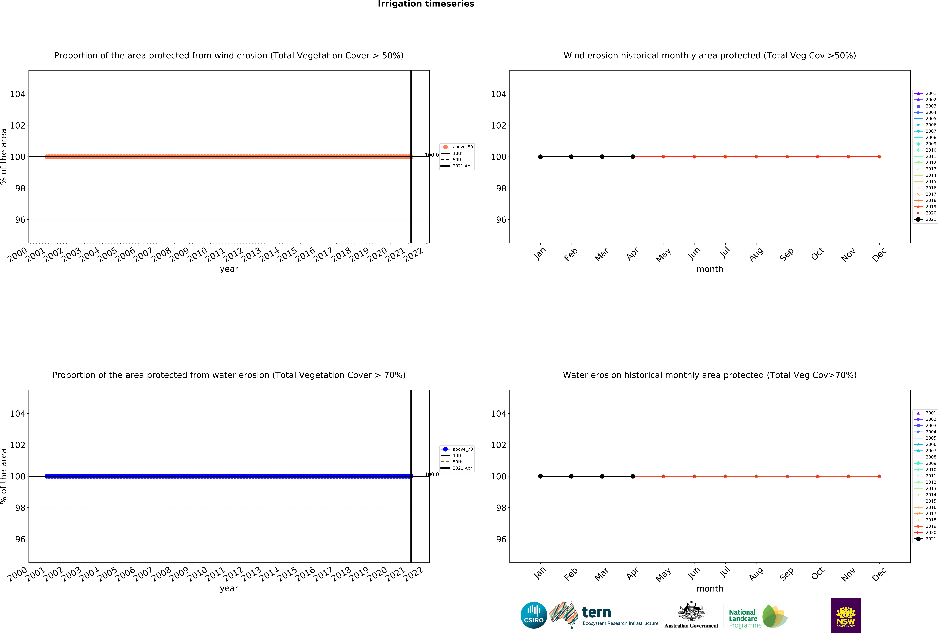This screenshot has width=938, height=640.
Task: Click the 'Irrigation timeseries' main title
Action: point(426,4)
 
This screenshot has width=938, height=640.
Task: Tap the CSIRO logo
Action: point(534,615)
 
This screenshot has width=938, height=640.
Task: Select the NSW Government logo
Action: point(846,615)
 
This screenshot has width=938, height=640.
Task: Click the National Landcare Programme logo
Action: point(758,616)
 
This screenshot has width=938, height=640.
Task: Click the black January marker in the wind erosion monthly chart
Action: point(540,157)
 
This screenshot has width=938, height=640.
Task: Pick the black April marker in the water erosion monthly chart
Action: point(633,476)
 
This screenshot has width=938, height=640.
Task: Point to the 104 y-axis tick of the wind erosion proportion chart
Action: point(18,94)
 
